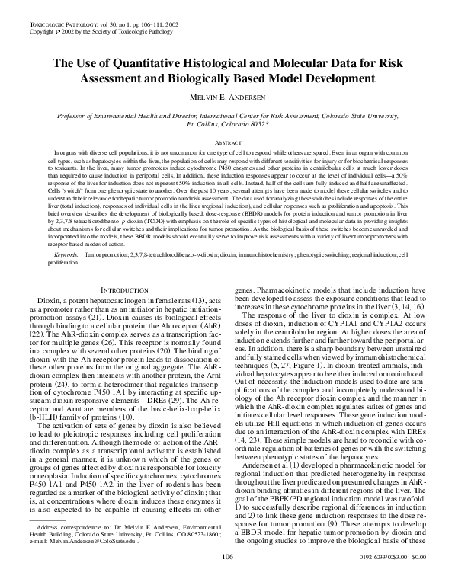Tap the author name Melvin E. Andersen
pos(227,97)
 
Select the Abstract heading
pos(227,142)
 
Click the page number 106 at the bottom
pos(227,558)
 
